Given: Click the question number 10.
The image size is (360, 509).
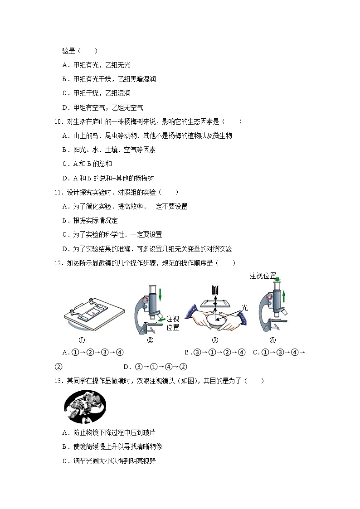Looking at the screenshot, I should click(x=57, y=121).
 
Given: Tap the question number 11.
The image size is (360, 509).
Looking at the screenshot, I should click(x=57, y=192).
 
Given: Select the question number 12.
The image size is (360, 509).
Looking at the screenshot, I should click(x=57, y=263).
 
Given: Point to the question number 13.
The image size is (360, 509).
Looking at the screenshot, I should click(x=57, y=381).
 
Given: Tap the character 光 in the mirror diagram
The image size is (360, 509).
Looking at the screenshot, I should click(x=244, y=308).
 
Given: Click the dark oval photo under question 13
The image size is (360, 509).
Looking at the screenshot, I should click(x=85, y=406).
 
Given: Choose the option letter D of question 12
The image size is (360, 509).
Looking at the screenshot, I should click(x=126, y=367).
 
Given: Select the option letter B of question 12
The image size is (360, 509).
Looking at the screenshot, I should click(x=187, y=352).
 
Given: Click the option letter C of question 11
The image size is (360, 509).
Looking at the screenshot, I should click(x=65, y=234).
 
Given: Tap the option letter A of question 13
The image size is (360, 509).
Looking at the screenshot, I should click(x=65, y=433).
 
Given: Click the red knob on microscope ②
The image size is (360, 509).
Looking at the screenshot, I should click(x=146, y=300).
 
